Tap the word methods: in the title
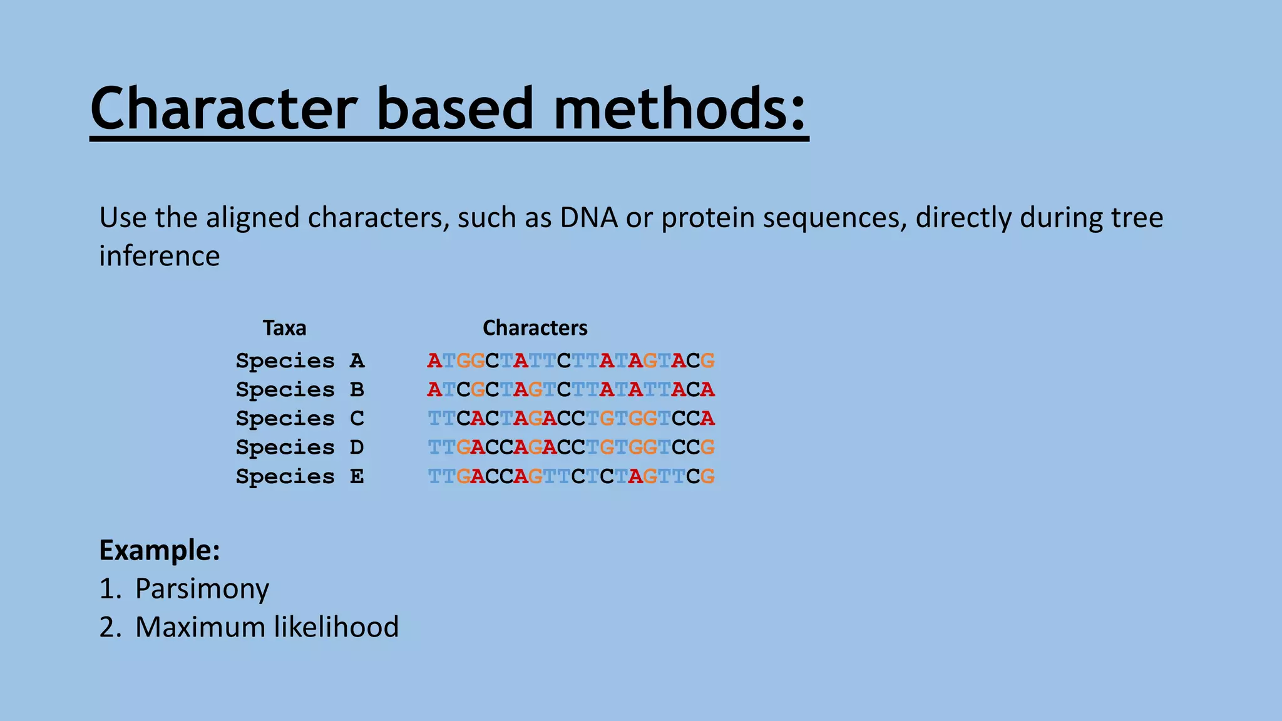pyautogui.click(x=680, y=109)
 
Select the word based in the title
pyautogui.click(x=454, y=109)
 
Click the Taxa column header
pyautogui.click(x=284, y=328)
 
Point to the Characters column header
pyautogui.click(x=535, y=328)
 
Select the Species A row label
pyautogui.click(x=300, y=361)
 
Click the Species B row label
pyautogui.click(x=300, y=390)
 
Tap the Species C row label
pyautogui.click(x=300, y=419)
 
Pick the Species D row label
pyautogui.click(x=300, y=447)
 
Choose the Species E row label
pyautogui.click(x=300, y=477)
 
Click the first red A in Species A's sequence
pyautogui.click(x=434, y=361)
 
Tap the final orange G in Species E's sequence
pyautogui.click(x=707, y=477)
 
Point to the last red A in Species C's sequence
pyautogui.click(x=707, y=419)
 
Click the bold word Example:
pyautogui.click(x=160, y=550)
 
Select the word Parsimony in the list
pyautogui.click(x=202, y=589)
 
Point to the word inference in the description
pyautogui.click(x=160, y=256)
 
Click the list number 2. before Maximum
pyautogui.click(x=110, y=627)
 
